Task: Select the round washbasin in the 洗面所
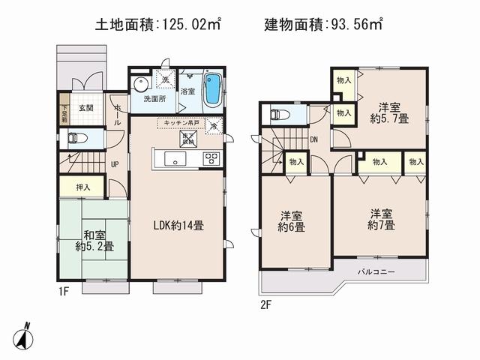click(139, 84)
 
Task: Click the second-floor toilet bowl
click(279, 115)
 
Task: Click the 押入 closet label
click(82, 187)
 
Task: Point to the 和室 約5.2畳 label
click(94, 240)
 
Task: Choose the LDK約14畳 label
click(178, 223)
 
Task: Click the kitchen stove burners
click(211, 158)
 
